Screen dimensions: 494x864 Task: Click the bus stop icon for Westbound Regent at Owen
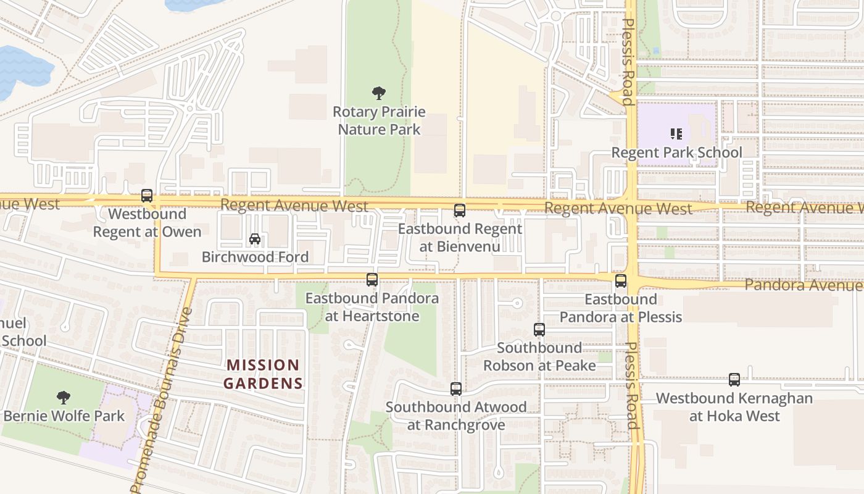147,196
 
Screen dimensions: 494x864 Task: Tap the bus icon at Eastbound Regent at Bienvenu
460,211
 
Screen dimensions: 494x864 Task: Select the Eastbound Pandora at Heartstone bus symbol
372,280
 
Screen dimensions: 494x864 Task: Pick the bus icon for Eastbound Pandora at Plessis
621,281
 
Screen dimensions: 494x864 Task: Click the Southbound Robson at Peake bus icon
539,330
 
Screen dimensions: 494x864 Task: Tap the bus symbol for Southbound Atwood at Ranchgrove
456,389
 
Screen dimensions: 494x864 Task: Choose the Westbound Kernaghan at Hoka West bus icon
734,380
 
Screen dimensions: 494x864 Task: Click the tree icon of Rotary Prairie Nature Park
379,93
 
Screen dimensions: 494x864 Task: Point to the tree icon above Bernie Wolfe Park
63,397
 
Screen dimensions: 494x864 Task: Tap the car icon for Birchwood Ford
254,239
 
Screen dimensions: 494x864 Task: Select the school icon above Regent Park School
676,133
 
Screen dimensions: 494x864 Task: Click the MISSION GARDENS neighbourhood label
264,374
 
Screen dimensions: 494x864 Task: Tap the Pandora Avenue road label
802,285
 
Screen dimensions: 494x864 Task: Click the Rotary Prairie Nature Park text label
379,120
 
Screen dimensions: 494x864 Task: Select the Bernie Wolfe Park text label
64,416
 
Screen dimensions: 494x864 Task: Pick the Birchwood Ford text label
255,257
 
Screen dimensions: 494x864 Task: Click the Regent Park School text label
676,153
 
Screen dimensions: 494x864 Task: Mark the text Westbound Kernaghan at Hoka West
734,407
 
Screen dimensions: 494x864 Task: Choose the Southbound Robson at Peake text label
539,356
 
